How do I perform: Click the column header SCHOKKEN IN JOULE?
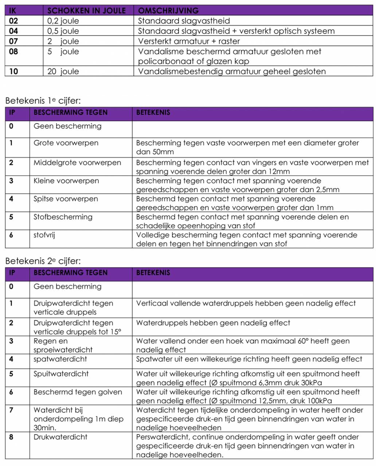pyautogui.click(x=86, y=11)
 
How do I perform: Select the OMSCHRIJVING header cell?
pyautogui.click(x=168, y=11)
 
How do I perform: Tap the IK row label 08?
pyautogui.click(x=13, y=51)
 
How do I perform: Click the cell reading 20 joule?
pyautogui.click(x=63, y=71)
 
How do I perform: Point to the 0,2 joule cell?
pyautogui.click(x=63, y=21)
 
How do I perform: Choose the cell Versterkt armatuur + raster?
pyautogui.click(x=189, y=41)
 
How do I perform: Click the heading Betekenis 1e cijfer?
pyautogui.click(x=43, y=100)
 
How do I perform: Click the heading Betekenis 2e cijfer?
pyautogui.click(x=43, y=261)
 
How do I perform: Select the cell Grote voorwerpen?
pyautogui.click(x=66, y=143)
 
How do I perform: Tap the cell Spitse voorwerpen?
pyautogui.click(x=66, y=199)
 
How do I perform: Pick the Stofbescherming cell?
pyautogui.click(x=63, y=217)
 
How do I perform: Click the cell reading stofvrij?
pyautogui.click(x=44, y=235)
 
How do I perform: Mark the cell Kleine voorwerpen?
pyautogui.click(x=66, y=181)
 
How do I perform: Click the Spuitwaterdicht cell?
pyautogui.click(x=61, y=374)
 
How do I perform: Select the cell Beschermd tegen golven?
pyautogui.click(x=78, y=392)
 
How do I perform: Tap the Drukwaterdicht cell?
pyautogui.click(x=60, y=437)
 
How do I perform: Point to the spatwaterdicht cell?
pyautogui.click(x=60, y=359)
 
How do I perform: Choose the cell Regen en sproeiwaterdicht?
pyautogui.click(x=63, y=345)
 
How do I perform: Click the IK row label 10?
pyautogui.click(x=13, y=71)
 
